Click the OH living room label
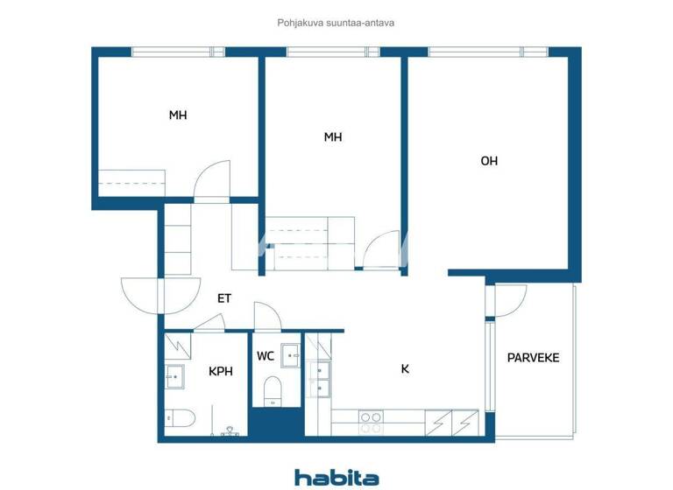489,161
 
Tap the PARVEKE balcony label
533,358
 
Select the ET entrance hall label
224,298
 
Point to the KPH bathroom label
221,371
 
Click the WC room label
266,356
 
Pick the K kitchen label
405,369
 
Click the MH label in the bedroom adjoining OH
332,137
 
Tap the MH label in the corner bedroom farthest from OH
178,115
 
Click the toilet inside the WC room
272,390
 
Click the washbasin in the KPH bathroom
174,377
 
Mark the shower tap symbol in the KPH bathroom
231,430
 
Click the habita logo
336,477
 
